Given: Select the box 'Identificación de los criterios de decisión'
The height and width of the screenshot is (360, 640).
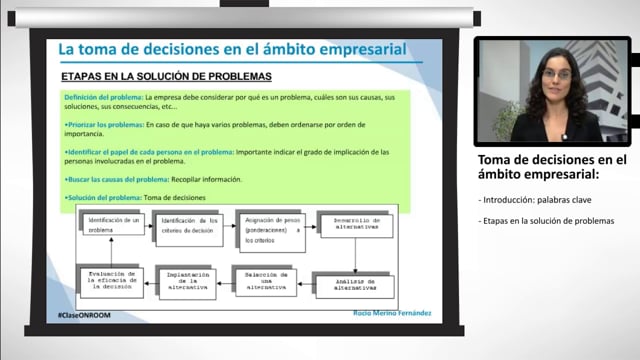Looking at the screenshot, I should pos(188,225).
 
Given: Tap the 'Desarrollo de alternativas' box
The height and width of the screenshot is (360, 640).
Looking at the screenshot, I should pos(350,223).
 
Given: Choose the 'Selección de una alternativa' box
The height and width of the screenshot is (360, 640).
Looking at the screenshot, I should pos(269,281).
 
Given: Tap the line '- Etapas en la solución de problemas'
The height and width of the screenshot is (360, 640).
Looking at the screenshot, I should pos(545,221).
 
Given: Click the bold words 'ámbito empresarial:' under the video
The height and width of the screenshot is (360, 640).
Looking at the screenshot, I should pos(532,175).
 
